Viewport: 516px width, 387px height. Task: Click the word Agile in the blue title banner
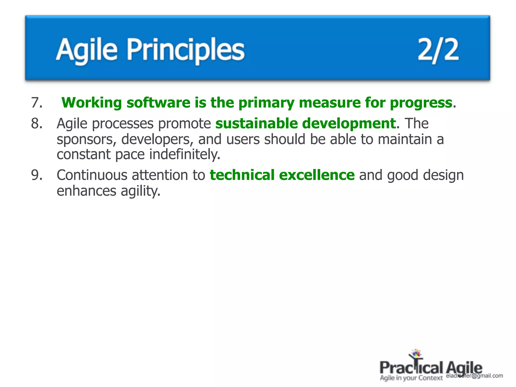coord(87,50)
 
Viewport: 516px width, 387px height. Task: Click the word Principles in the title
coord(186,50)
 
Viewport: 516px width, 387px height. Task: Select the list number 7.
coord(37,103)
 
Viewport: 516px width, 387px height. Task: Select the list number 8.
coord(37,124)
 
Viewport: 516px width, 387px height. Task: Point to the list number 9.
coord(37,175)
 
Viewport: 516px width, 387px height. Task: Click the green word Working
coord(92,103)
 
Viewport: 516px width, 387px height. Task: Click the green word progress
coord(421,103)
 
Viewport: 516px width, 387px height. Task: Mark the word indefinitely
coord(185,154)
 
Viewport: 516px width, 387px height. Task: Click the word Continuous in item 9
coord(92,175)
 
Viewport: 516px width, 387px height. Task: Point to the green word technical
coord(242,175)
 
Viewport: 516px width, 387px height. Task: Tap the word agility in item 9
coord(140,191)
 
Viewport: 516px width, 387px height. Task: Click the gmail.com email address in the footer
coord(474,376)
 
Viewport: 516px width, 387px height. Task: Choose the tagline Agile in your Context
coord(411,378)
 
